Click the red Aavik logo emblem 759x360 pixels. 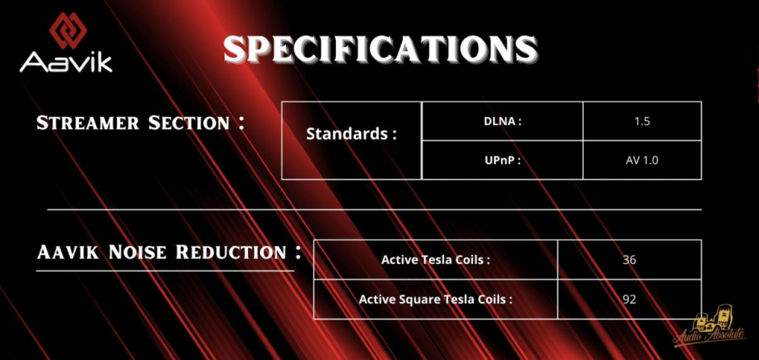[68, 30]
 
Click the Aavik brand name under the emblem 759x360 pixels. [66, 62]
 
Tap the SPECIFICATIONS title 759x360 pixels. [380, 48]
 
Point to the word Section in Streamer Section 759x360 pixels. [189, 123]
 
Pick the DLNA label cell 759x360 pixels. [502, 121]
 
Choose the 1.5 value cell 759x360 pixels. [642, 121]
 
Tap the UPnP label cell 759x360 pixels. [502, 160]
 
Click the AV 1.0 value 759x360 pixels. [642, 160]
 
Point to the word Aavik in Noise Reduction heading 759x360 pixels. [69, 252]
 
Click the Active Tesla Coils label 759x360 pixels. [436, 260]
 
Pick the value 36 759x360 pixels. [629, 260]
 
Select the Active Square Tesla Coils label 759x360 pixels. [436, 299]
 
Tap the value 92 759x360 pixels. [629, 299]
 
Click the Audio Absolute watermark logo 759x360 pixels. [710, 325]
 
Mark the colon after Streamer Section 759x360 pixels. [241, 122]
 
